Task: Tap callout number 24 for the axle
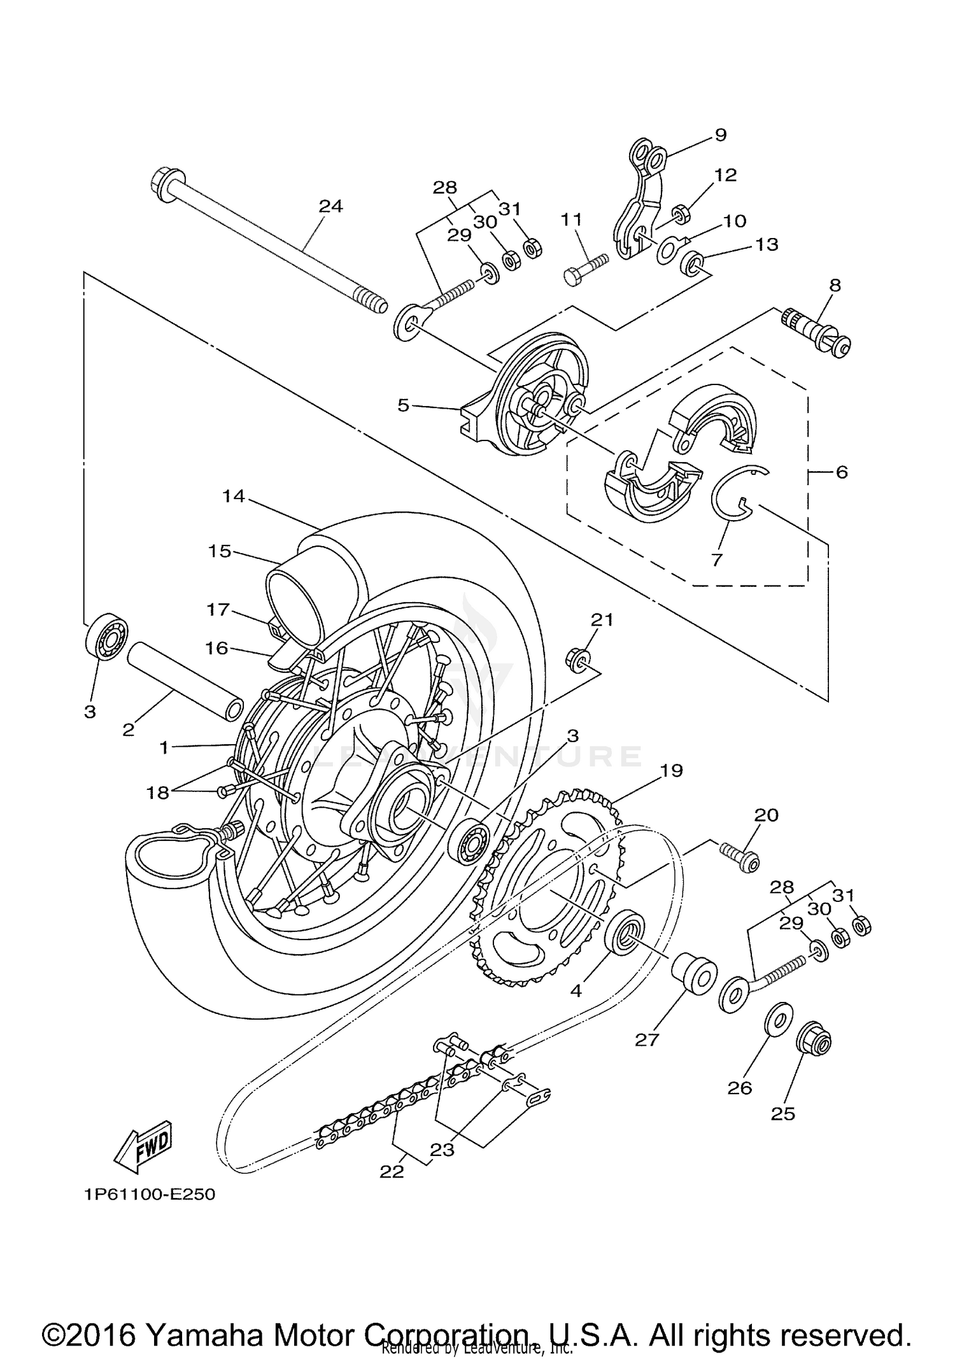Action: point(330,206)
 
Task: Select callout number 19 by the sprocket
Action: point(671,770)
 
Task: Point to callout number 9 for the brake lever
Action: point(720,135)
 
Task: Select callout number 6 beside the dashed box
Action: point(841,472)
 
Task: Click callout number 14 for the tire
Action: point(234,496)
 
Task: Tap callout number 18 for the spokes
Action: point(158,792)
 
